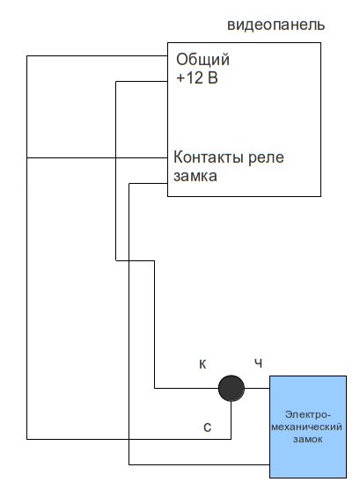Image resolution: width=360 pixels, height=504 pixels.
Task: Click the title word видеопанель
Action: [x=276, y=25]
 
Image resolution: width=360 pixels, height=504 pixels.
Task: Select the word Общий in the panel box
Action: [x=203, y=60]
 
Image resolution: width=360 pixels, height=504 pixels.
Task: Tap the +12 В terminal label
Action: [x=197, y=77]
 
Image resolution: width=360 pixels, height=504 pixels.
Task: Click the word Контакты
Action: [x=208, y=157]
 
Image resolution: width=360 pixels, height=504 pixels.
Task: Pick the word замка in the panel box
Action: [x=195, y=176]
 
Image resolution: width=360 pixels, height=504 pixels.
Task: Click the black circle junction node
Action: [x=231, y=388]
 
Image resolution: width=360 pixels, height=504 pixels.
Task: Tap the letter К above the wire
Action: [x=202, y=364]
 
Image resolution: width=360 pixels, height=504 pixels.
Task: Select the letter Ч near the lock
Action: [x=259, y=363]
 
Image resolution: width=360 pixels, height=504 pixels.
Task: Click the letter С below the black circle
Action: [x=208, y=427]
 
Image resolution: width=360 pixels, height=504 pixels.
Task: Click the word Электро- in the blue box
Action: [x=307, y=414]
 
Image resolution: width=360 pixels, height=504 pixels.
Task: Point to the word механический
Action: [x=306, y=427]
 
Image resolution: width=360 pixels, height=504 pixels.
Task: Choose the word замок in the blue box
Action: [x=307, y=440]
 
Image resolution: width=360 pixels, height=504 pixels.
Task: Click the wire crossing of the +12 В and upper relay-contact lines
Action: [x=116, y=157]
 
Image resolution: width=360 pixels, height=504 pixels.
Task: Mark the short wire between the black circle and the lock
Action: [x=257, y=388]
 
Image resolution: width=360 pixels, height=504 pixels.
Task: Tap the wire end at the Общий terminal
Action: [x=167, y=56]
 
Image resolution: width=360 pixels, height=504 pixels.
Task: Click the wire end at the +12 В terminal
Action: [x=167, y=81]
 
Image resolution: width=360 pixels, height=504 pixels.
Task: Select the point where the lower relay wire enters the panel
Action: [x=167, y=184]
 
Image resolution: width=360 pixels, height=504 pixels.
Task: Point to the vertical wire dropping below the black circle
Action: [x=231, y=420]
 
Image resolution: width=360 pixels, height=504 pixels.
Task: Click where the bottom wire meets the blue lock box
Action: [x=269, y=464]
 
